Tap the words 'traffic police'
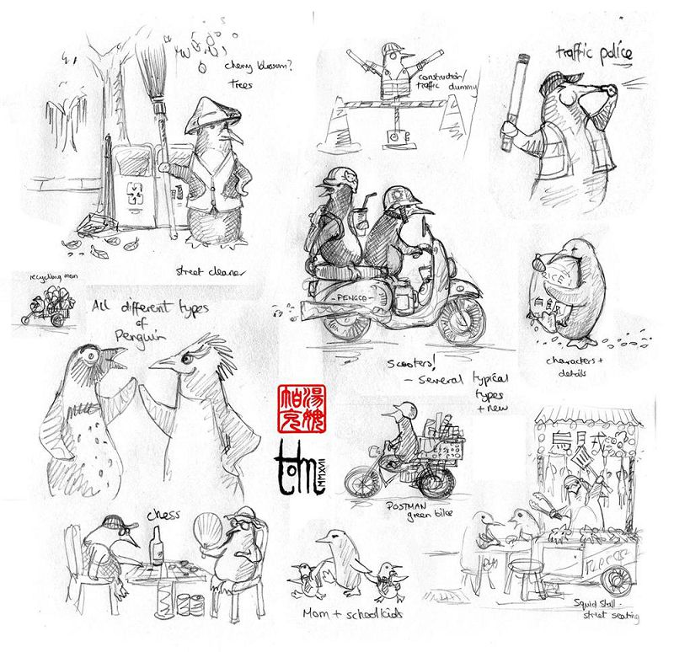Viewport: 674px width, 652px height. [593, 55]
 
